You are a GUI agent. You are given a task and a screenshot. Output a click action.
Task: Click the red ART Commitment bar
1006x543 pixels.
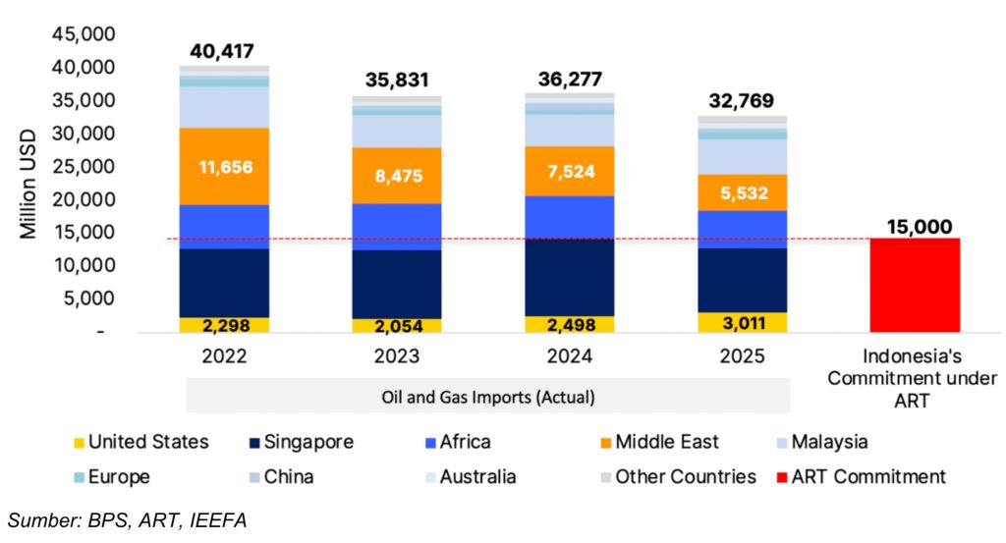[914, 285]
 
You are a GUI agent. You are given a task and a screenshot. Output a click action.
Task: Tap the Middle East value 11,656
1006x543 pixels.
[224, 167]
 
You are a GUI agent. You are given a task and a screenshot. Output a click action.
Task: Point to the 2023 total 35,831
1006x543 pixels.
[396, 81]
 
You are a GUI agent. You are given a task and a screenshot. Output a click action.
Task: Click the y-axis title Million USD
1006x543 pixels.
[28, 184]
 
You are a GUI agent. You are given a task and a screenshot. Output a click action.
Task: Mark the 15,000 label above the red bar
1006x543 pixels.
[914, 227]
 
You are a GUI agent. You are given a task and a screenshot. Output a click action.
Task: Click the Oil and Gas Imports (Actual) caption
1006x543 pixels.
[488, 397]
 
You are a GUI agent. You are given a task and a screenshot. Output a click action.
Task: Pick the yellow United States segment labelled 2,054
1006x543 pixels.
[396, 326]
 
